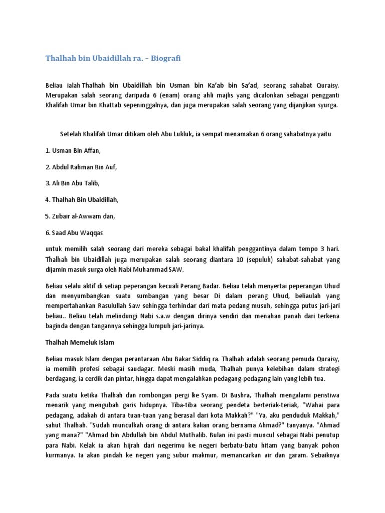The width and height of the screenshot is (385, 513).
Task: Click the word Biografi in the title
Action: (165, 59)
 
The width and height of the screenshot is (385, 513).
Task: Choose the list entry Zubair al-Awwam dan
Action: (80, 216)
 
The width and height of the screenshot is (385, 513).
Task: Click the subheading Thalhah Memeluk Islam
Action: (77, 342)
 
